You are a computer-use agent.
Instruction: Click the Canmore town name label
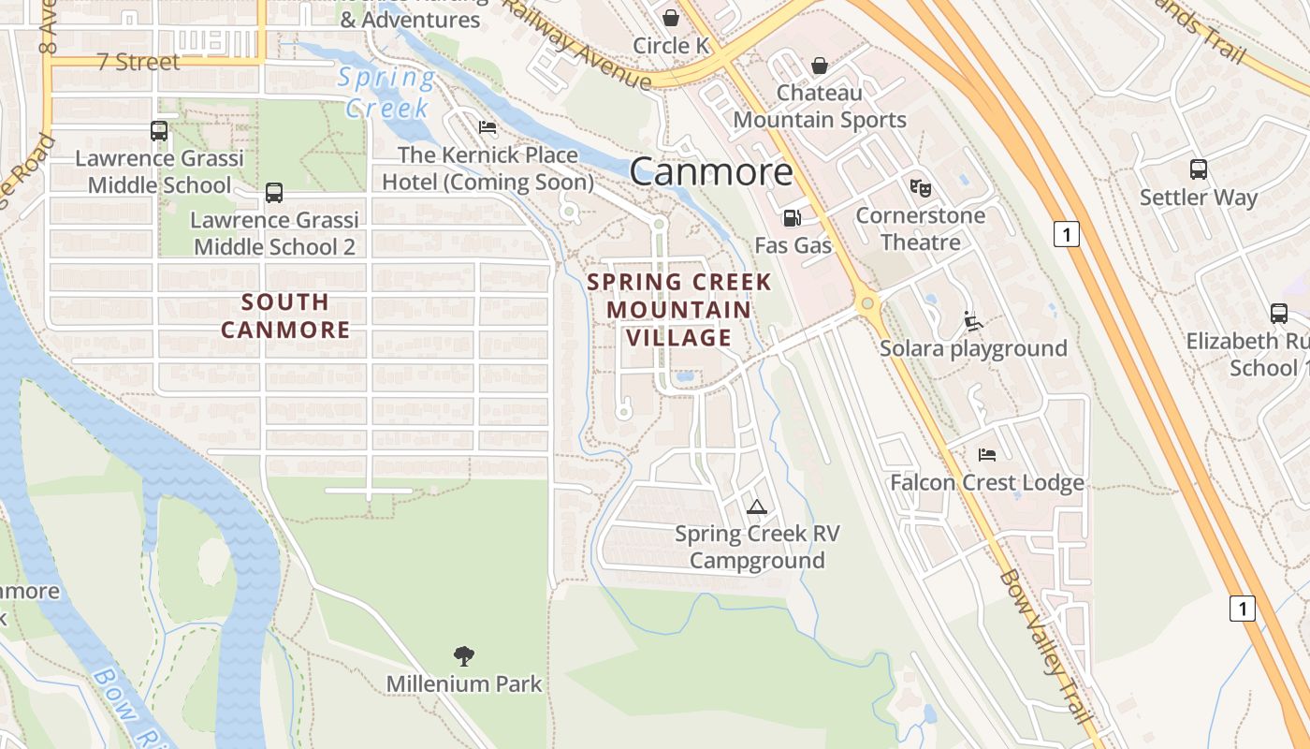click(x=711, y=171)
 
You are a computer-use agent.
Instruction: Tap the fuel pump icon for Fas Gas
click(x=792, y=218)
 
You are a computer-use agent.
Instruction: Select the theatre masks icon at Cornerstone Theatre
click(x=921, y=188)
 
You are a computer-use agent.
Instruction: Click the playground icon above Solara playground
click(x=973, y=321)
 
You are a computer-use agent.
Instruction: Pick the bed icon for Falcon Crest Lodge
click(x=986, y=455)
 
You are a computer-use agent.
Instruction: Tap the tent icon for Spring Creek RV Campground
click(x=757, y=507)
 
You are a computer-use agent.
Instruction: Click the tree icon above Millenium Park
click(x=463, y=655)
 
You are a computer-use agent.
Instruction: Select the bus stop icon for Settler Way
click(x=1198, y=169)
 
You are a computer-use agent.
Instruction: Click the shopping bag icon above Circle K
click(x=671, y=18)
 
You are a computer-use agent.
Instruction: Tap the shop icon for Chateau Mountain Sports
click(x=820, y=66)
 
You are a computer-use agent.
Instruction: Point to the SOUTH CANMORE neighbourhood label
click(x=285, y=316)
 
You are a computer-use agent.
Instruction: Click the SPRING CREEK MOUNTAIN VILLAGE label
click(x=679, y=310)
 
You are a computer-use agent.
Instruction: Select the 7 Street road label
click(x=138, y=63)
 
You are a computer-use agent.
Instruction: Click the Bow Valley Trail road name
click(x=1045, y=646)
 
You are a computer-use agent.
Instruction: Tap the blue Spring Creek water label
click(x=386, y=93)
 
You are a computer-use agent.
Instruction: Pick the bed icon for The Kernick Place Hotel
click(x=487, y=127)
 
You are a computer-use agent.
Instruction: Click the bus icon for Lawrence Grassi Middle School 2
click(x=274, y=193)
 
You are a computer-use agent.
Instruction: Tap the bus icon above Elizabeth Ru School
click(x=1278, y=314)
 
